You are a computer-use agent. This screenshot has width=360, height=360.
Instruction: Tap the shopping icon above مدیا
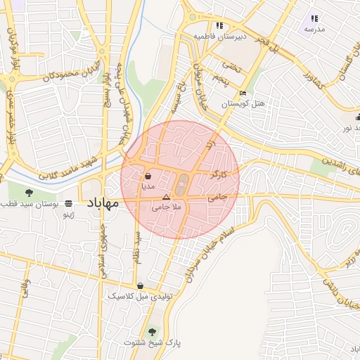tap(148, 176)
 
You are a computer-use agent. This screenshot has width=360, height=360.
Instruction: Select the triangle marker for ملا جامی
tap(166, 197)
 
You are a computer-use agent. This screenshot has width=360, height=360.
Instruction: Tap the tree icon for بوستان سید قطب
tap(29, 192)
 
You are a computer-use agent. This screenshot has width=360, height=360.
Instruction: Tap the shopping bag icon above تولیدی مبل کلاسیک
tap(141, 286)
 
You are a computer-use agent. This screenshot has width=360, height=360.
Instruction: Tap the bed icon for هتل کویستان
tap(243, 93)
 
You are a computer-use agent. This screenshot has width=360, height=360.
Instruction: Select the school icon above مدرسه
tap(314, 18)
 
